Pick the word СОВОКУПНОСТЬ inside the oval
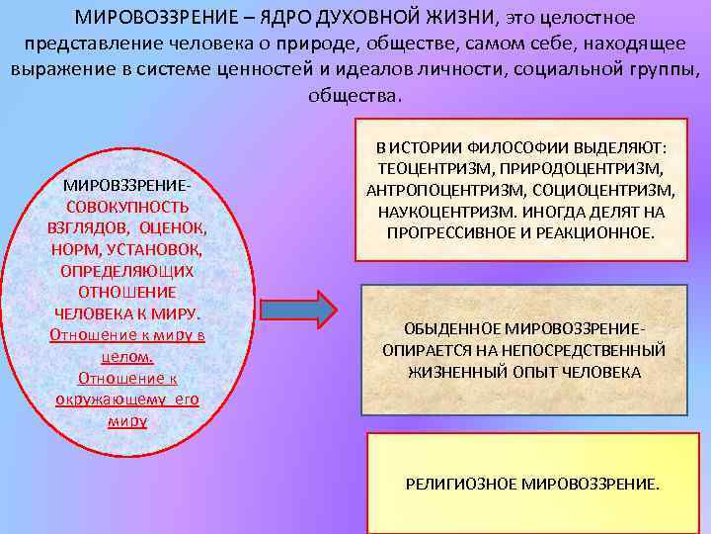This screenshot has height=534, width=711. [x=127, y=207]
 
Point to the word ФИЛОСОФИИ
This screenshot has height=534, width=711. [x=510, y=147]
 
